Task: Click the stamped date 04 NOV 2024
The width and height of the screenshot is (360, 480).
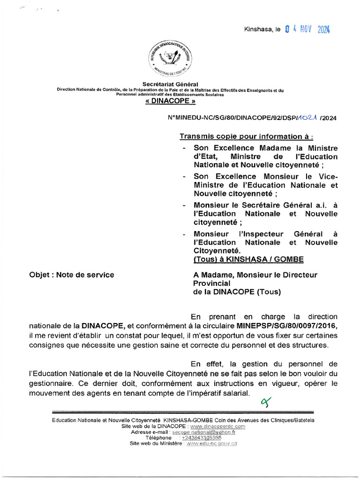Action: click(307, 30)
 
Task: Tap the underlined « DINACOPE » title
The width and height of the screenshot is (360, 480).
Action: click(170, 101)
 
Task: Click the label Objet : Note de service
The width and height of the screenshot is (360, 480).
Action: click(71, 275)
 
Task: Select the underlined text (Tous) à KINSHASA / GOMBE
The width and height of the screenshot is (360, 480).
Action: click(248, 259)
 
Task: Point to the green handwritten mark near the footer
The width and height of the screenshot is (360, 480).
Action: click(266, 401)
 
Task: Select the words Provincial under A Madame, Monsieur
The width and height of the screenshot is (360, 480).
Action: click(212, 283)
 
